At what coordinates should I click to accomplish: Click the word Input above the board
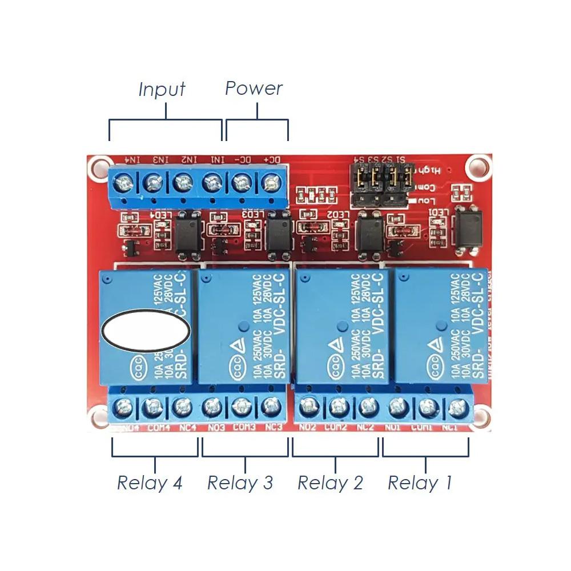[162, 90]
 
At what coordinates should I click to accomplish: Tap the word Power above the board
[254, 89]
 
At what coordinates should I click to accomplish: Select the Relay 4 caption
[150, 483]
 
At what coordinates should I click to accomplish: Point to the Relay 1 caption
[420, 483]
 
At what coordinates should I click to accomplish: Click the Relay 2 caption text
[330, 483]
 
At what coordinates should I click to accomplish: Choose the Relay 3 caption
[240, 483]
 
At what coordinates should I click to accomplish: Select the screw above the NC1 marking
[456, 408]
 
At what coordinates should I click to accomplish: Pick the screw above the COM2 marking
[337, 407]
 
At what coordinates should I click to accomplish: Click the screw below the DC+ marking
[271, 183]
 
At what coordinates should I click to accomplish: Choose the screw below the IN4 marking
[123, 183]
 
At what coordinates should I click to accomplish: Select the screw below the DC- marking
[242, 183]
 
